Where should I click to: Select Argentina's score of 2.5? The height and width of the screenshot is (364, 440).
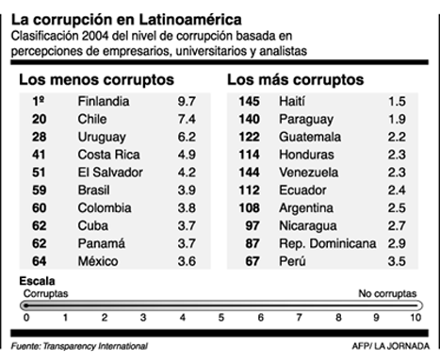pyautogui.click(x=399, y=206)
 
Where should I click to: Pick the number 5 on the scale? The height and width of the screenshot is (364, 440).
pyautogui.click(x=221, y=318)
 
